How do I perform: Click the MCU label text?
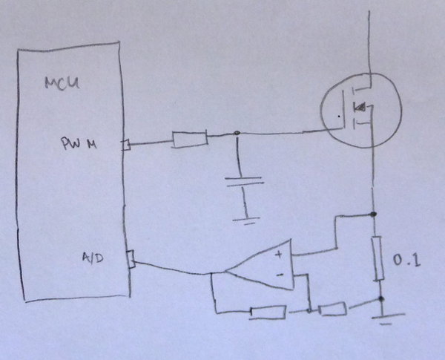tap(62, 84)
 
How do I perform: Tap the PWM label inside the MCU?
tap(79, 143)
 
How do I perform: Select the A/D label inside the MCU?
tap(93, 258)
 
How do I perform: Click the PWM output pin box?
tap(126, 145)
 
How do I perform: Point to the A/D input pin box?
tap(131, 259)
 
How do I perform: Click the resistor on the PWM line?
tap(190, 140)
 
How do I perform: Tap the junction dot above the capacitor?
tap(237, 133)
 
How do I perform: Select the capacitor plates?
tap(244, 181)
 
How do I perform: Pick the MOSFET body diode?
tap(359, 107)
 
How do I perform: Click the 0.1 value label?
tap(406, 261)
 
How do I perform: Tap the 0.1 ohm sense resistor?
tap(378, 258)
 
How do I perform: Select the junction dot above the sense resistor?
tap(374, 214)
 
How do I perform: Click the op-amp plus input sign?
tap(279, 255)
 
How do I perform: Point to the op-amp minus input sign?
tap(280, 275)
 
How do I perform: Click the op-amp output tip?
tap(225, 272)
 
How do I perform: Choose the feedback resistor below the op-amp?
tap(268, 312)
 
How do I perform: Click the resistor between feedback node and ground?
tap(332, 309)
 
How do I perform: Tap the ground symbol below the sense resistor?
tap(387, 318)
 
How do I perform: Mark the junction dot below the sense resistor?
tap(381, 298)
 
